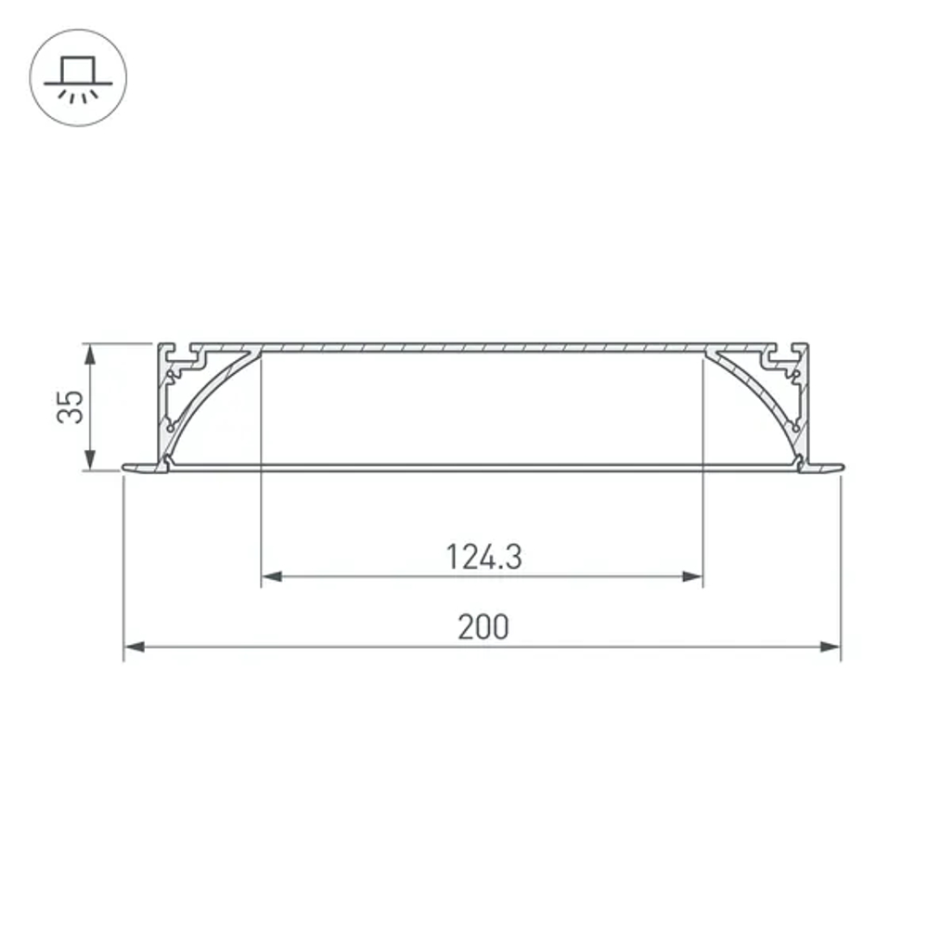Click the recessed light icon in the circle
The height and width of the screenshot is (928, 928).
78,79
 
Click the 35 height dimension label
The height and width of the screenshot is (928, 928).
71,406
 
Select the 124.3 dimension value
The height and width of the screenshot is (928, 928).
483,557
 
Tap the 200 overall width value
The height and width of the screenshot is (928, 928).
483,627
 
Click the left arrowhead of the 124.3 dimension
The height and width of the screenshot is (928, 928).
271,577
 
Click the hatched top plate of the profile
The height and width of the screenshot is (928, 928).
483,348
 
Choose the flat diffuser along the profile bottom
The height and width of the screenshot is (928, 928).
483,467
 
